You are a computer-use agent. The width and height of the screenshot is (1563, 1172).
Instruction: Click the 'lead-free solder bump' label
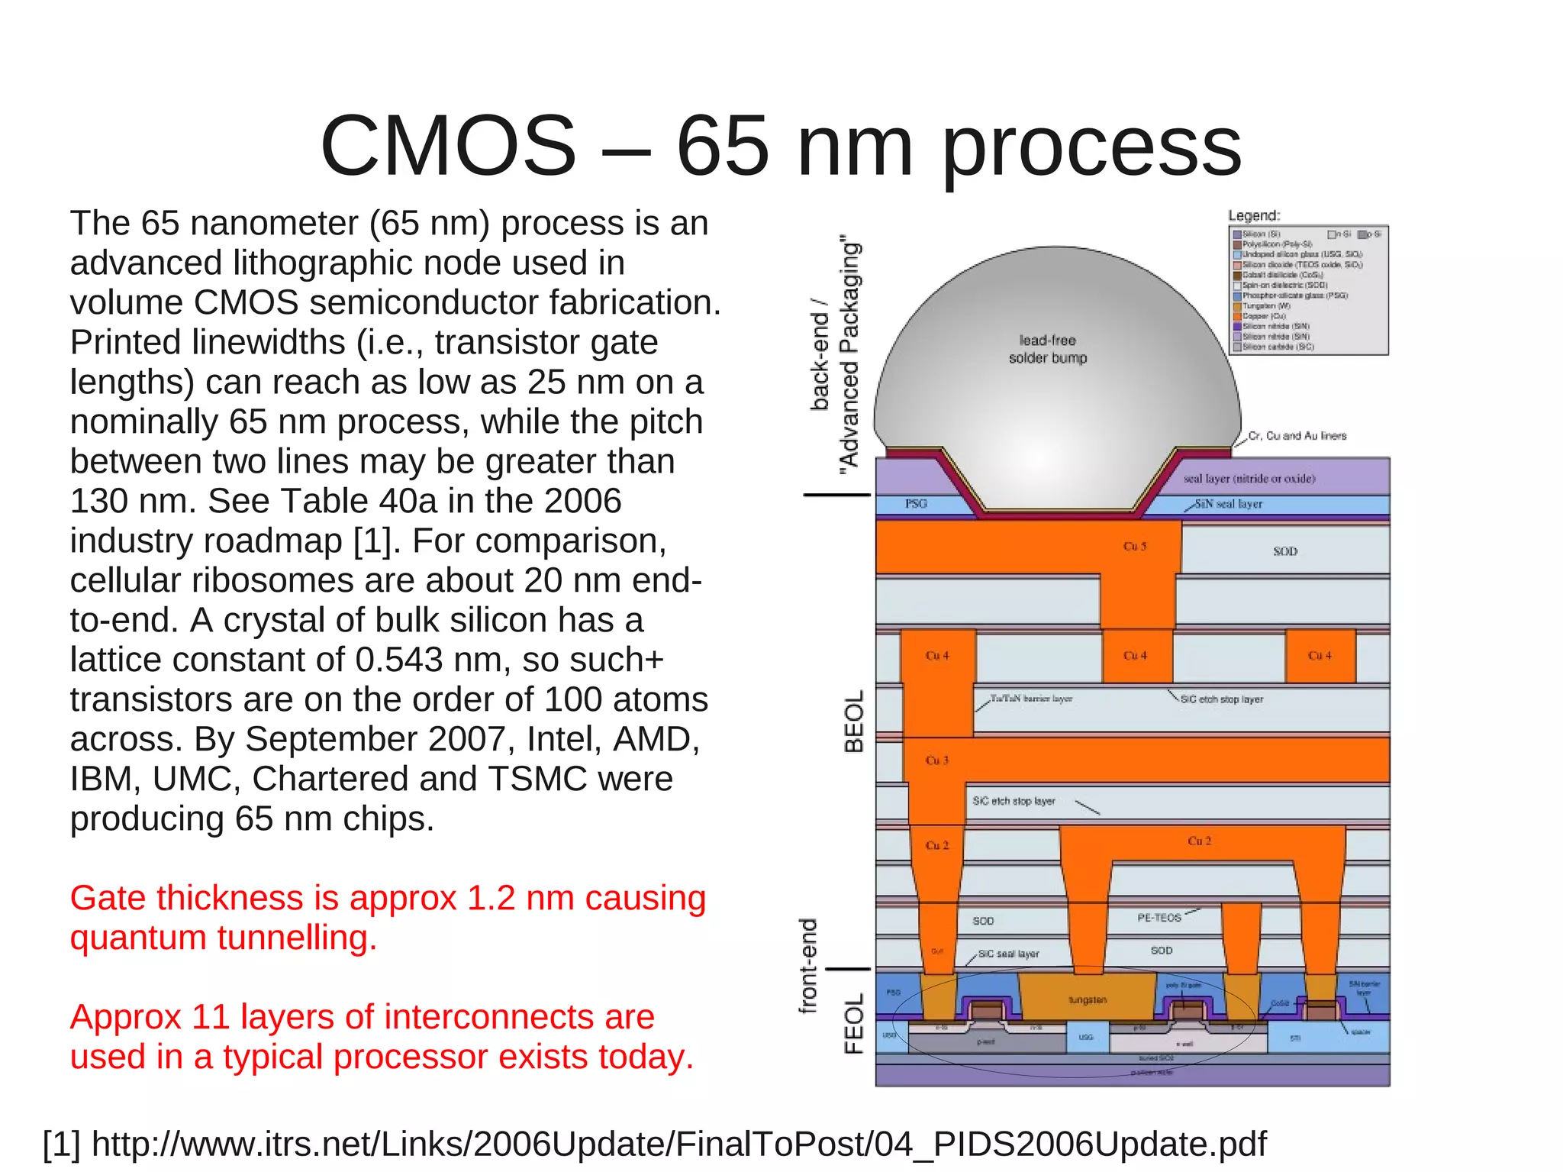pos(1047,349)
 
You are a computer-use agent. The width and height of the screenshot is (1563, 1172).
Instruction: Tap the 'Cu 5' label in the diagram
pos(1135,547)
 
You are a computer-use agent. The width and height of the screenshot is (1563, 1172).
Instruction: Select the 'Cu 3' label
pos(936,760)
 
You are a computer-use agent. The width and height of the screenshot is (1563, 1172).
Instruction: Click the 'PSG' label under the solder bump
pos(916,504)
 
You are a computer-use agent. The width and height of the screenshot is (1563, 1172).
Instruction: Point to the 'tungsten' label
pos(1088,999)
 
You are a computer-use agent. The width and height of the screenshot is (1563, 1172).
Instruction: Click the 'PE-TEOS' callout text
pos(1159,918)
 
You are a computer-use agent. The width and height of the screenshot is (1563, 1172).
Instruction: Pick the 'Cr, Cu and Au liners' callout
pos(1297,436)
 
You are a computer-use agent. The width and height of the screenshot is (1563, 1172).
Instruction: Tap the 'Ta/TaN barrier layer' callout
pos(1030,699)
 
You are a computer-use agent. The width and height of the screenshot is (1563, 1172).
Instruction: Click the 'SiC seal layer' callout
pos(1008,954)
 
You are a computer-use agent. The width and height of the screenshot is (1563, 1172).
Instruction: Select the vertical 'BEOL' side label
pos(854,722)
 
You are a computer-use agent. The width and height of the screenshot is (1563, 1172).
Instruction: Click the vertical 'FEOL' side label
pos(854,1023)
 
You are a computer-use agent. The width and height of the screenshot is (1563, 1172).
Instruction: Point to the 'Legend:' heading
pos(1254,216)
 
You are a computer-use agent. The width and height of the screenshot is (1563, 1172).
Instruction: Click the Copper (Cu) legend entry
pos(1263,316)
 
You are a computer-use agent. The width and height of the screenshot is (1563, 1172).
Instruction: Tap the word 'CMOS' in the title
pos(448,147)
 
